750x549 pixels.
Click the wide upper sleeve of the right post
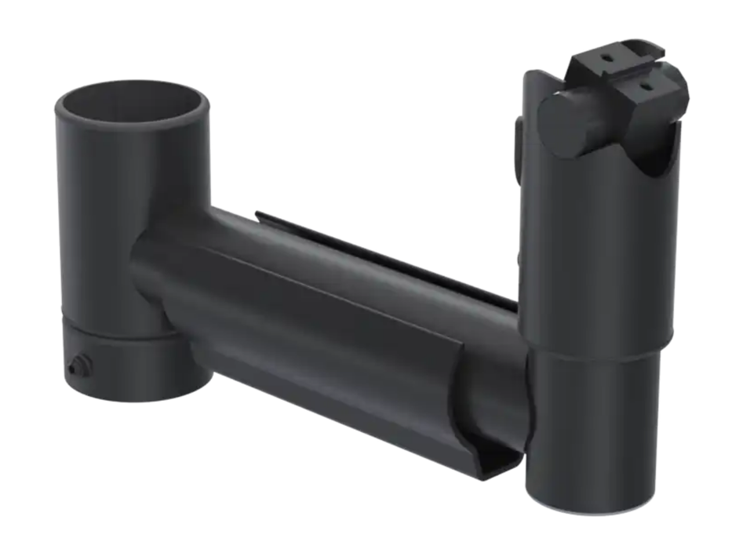(604, 251)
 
